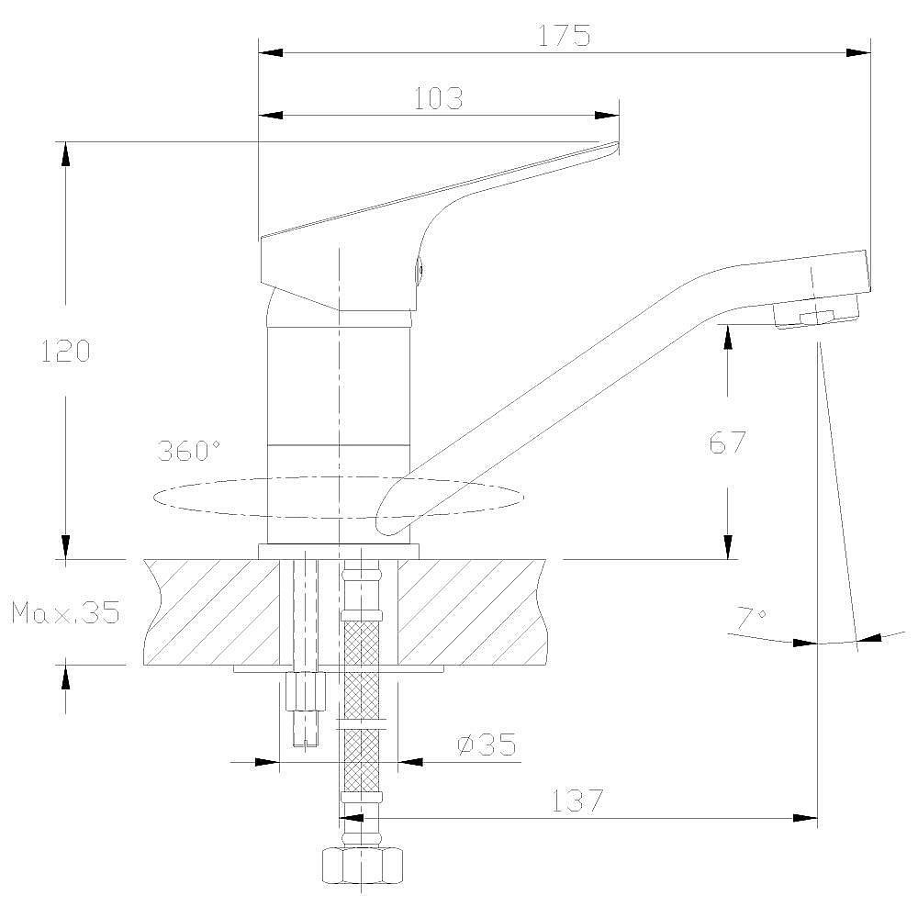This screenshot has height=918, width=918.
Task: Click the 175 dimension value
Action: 564,36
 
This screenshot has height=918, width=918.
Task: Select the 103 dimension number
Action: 439,98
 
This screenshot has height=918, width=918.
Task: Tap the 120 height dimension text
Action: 65,350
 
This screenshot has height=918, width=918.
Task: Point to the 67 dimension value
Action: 728,442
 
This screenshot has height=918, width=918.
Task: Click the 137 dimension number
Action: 577,800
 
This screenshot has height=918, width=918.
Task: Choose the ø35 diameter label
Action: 487,744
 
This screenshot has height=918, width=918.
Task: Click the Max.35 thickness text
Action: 65,612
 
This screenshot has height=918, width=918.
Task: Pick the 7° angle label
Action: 750,618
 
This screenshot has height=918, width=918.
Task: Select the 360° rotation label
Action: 188,451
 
